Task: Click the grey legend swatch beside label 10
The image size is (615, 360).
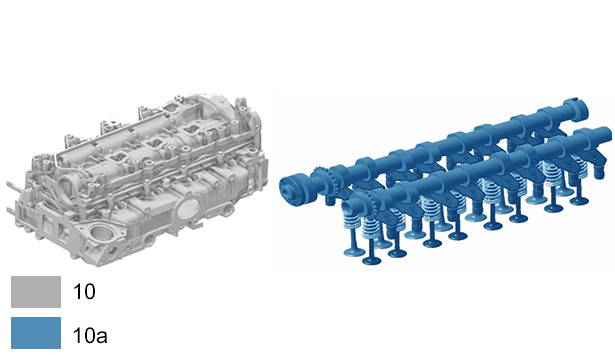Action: tap(36, 292)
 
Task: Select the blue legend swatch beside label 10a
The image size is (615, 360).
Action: tap(36, 333)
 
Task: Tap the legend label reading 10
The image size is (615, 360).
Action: tap(84, 292)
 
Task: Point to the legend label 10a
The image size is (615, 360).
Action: tap(90, 336)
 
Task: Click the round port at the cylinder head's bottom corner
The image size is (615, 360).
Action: tap(102, 235)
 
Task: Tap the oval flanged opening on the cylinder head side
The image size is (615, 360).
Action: tap(188, 209)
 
